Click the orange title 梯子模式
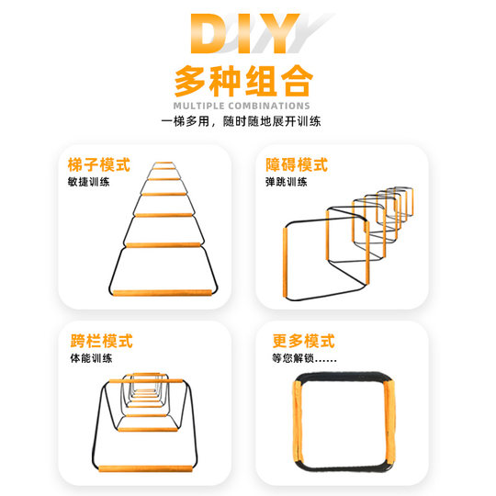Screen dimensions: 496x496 [99, 165]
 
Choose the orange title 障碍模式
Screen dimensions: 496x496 [295, 165]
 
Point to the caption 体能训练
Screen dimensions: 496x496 [88, 358]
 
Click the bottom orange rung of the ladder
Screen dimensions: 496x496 [164, 291]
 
